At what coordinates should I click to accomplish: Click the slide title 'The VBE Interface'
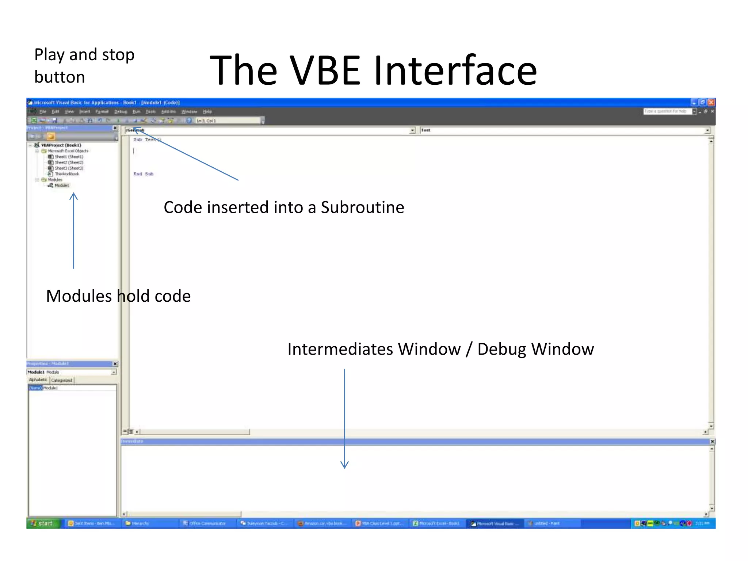click(373, 70)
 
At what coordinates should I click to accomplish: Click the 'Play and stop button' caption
click(84, 66)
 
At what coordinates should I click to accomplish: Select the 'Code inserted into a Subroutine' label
click(284, 207)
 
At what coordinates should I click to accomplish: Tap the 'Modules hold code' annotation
click(118, 296)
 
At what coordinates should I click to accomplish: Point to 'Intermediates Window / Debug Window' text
click(440, 349)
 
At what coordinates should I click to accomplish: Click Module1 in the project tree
click(62, 186)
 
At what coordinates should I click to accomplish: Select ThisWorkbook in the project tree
click(67, 174)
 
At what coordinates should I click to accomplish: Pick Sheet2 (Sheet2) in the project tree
click(69, 163)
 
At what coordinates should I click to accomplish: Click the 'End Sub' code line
click(143, 174)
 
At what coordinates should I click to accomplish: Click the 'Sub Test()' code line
click(147, 140)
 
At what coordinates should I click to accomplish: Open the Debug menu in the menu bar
click(121, 112)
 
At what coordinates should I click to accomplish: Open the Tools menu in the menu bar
click(150, 112)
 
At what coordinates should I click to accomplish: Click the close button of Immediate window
click(712, 442)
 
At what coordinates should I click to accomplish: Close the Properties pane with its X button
click(115, 364)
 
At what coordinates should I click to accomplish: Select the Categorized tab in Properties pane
click(62, 380)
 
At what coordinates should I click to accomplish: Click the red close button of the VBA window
click(711, 103)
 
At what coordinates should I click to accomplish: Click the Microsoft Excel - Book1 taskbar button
click(436, 523)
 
